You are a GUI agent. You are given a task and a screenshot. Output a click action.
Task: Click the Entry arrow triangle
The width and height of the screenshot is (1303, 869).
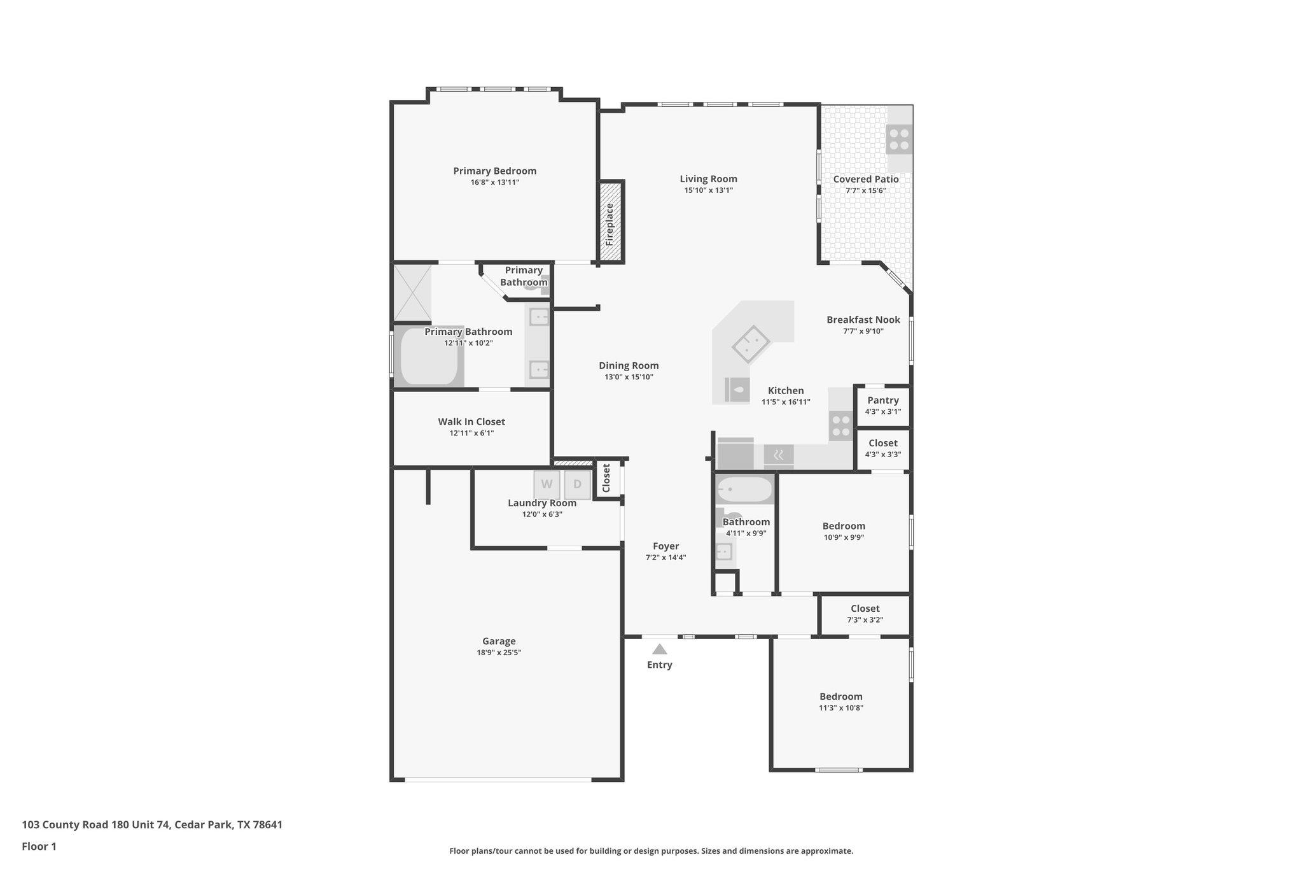coord(660,649)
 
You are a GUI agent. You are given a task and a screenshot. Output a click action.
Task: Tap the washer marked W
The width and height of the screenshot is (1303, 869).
coord(547,484)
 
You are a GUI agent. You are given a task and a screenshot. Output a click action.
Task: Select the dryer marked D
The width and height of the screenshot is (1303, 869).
coord(577,484)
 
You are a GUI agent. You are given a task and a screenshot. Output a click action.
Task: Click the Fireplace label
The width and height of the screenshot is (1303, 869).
coord(610,224)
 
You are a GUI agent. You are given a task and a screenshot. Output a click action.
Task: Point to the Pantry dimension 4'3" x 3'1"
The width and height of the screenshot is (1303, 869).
coord(882,412)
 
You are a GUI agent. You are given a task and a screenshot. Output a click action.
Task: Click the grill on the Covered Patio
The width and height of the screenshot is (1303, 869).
coord(899,139)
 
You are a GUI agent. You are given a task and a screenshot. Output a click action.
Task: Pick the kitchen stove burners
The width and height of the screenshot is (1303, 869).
coord(841,425)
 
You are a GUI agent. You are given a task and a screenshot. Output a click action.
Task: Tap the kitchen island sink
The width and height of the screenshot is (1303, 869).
coord(751,344)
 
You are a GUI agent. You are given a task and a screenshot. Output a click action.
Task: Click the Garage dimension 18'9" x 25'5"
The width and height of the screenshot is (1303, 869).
coord(499,653)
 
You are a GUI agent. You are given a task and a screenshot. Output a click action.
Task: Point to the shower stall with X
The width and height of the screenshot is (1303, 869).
coord(412,293)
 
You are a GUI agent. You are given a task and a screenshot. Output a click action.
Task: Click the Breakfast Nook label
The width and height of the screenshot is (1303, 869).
coord(863,320)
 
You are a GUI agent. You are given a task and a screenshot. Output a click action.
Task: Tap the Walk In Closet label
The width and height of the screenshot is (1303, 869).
coord(471,421)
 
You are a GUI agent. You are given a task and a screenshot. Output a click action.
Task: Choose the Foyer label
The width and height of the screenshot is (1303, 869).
coord(665,546)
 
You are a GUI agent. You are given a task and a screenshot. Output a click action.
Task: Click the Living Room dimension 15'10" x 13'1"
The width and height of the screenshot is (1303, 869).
coord(708,190)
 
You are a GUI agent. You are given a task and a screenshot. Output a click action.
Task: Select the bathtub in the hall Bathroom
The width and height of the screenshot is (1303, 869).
coord(744,490)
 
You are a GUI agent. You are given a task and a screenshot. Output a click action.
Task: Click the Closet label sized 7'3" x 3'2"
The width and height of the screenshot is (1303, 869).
coord(865,609)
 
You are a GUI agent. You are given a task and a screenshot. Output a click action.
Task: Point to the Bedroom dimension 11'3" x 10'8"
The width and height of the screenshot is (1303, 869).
coord(840,708)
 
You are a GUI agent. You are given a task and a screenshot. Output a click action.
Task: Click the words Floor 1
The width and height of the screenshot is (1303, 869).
coord(39,847)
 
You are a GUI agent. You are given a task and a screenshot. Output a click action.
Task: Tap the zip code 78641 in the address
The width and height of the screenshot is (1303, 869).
coord(267,825)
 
